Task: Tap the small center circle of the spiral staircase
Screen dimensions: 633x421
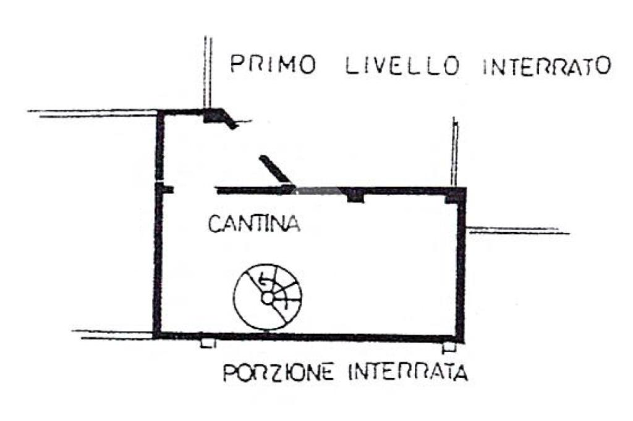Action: [x=268, y=298]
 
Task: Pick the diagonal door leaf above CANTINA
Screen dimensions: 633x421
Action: [x=275, y=170]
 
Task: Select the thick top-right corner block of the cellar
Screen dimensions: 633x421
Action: [x=456, y=194]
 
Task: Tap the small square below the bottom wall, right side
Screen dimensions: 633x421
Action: [x=450, y=345]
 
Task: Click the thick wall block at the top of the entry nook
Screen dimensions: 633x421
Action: [x=216, y=115]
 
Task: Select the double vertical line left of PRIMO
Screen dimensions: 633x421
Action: [x=208, y=71]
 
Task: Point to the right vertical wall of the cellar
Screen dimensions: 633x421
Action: [x=460, y=265]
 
